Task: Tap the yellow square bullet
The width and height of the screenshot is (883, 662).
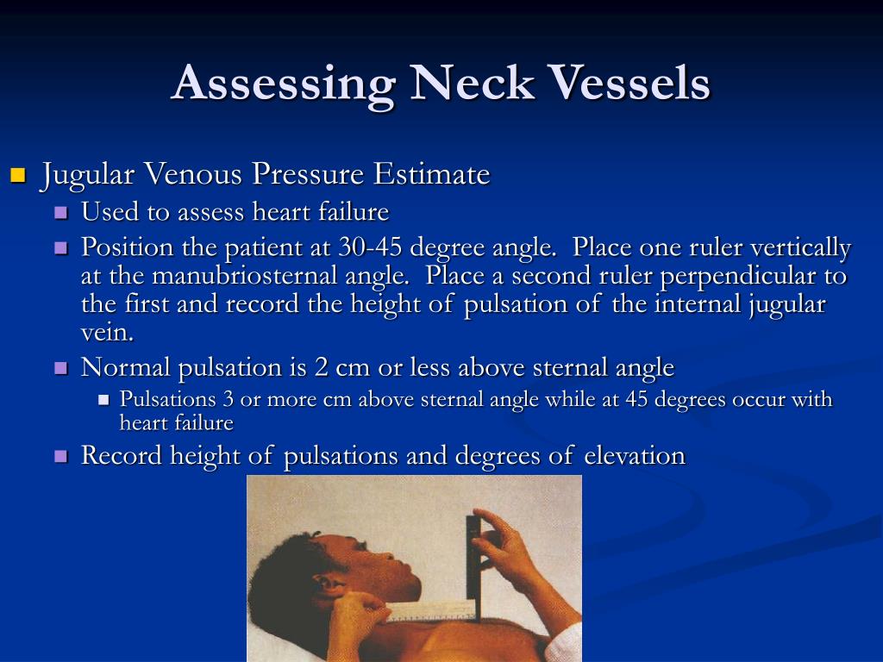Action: (x=17, y=177)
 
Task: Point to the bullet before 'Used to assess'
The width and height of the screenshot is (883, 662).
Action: (x=60, y=212)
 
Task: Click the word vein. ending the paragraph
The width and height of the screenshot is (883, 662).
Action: (x=106, y=333)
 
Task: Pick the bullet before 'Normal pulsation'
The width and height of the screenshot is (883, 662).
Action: (x=60, y=368)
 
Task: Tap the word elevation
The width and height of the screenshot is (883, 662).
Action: (x=635, y=455)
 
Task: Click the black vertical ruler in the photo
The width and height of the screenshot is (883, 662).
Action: (x=473, y=560)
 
